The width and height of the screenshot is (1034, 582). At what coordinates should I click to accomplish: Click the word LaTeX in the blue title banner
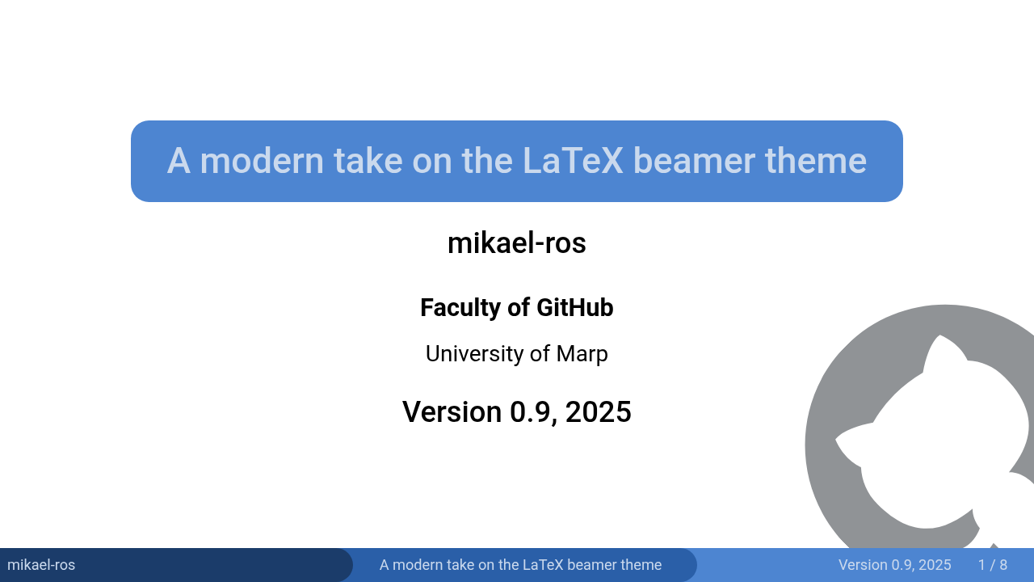573,161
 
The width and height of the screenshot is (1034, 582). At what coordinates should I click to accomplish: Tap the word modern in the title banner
262,161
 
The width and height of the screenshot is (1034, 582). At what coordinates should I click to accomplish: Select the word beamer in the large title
694,161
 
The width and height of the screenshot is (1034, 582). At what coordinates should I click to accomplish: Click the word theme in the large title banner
816,161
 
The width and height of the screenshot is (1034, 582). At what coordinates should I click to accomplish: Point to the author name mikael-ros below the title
516,243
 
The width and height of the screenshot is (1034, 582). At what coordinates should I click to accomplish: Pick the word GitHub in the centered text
574,308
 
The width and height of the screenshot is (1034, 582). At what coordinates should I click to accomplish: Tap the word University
474,354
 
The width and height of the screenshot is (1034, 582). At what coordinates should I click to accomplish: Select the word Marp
582,355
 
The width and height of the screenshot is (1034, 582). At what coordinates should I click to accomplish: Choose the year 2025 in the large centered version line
599,411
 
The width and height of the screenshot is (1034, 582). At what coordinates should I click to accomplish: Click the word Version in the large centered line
452,411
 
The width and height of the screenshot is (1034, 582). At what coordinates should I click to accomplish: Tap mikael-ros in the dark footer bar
41,565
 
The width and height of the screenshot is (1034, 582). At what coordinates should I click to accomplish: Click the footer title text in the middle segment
520,565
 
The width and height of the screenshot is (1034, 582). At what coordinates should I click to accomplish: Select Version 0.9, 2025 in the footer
894,565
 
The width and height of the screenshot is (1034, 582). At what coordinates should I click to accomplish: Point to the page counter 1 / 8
993,565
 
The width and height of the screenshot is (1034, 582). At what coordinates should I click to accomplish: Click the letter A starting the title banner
179,161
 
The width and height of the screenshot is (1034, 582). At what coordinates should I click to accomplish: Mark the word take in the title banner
368,161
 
